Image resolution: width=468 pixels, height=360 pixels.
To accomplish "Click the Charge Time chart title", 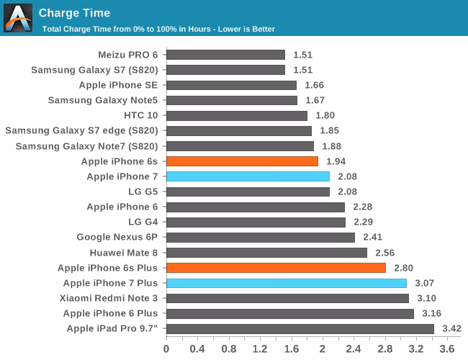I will (74, 12).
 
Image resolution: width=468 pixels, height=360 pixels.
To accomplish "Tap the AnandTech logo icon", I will (17, 17).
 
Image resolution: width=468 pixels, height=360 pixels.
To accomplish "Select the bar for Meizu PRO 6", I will (225, 55).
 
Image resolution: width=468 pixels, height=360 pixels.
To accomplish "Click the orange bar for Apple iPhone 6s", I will (242, 161).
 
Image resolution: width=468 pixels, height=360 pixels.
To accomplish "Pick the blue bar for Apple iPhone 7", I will (248, 176).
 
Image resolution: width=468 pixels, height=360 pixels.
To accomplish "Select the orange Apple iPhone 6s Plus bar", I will (276, 268).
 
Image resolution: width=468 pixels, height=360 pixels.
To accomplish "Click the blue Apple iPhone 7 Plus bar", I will (287, 283).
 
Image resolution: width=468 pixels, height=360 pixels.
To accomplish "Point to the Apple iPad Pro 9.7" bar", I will (300, 329).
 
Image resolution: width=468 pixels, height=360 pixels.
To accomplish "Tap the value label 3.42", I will (451, 329).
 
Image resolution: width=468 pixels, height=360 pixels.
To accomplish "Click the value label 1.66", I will (314, 85).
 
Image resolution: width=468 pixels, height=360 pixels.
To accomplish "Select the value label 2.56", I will (384, 253).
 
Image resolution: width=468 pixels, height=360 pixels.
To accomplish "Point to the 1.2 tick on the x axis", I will (260, 349).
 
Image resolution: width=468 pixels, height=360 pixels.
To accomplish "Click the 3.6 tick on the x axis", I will (446, 349).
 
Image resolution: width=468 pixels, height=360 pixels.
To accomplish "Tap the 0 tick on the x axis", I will (166, 349).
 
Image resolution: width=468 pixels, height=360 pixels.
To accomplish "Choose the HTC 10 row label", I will (140, 115).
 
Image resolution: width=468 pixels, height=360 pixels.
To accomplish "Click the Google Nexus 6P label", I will (117, 238).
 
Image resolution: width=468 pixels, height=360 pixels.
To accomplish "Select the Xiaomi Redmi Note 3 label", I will (109, 298).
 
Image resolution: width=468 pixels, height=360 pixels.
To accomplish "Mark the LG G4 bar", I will (256, 222).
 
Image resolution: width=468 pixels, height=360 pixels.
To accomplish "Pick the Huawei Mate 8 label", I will (124, 253).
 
